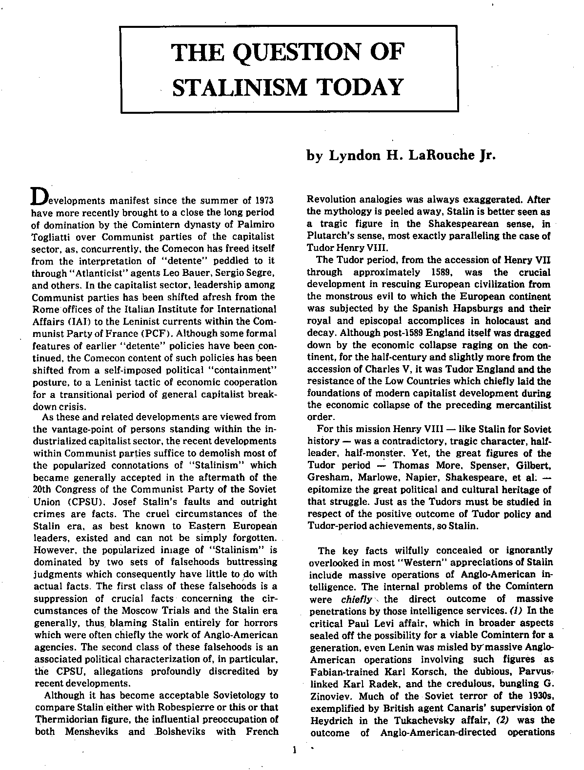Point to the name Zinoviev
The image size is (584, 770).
click(326, 696)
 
